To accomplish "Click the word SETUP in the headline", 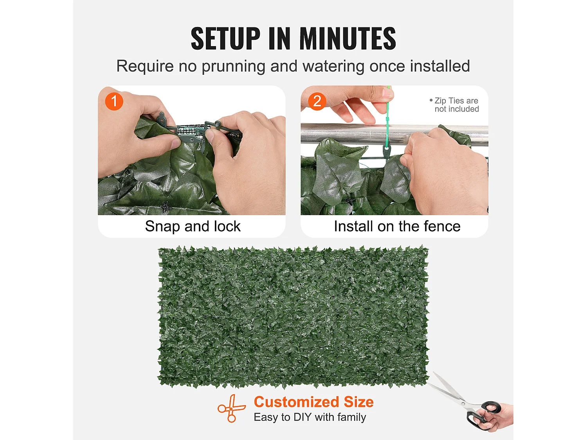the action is coord(225,38).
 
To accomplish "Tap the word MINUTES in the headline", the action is coord(348,38).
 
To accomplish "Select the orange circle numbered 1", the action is coord(114,101).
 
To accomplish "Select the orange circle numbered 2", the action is coord(317,101).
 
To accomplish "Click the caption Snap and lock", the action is coord(193,226).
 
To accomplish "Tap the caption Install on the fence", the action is coord(397,226).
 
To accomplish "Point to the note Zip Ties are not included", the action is coord(454,105).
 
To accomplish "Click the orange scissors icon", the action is coord(231,408).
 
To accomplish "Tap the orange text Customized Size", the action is coord(314,402).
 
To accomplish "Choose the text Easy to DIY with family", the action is coord(310,417).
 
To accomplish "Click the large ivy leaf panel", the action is coord(293,316).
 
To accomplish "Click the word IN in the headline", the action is coord(279,38).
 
